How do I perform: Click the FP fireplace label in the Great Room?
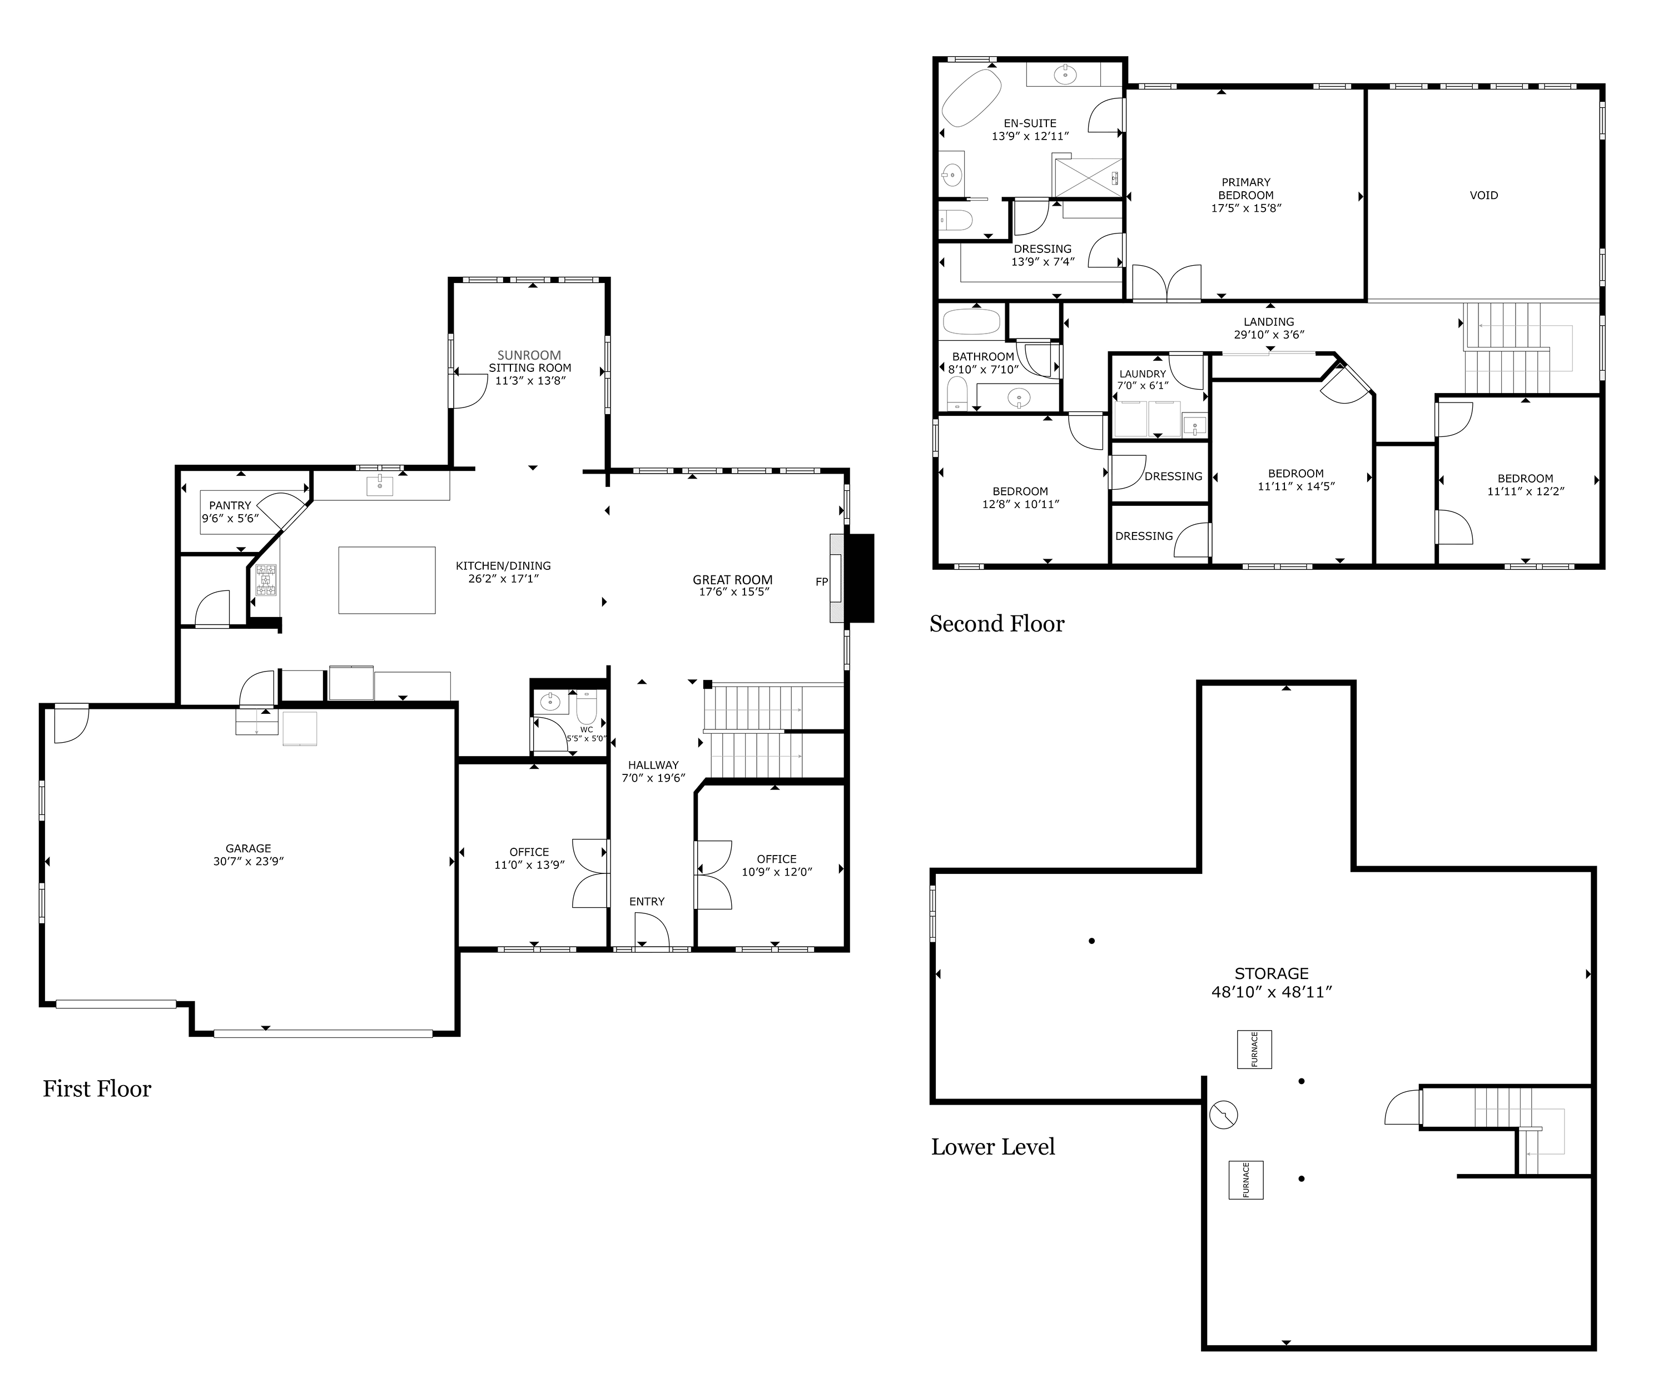coord(821,582)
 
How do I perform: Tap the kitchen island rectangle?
coord(387,580)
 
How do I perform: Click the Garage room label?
coord(248,848)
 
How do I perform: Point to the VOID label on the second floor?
coord(1484,195)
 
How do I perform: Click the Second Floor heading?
coord(997,624)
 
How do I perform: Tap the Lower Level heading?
coord(993,1147)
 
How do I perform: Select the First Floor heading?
coord(97,1088)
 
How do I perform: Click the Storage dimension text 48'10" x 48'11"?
coord(1271,992)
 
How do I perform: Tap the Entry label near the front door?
coord(647,901)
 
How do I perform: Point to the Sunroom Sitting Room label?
coord(530,361)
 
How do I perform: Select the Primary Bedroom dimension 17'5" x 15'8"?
coord(1245,208)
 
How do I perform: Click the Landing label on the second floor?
coord(1268,322)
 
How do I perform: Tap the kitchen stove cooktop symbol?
coord(266,580)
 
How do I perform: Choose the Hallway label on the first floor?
coord(653,765)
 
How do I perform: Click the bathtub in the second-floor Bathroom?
coord(971,323)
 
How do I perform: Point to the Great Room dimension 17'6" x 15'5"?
coord(734,593)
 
